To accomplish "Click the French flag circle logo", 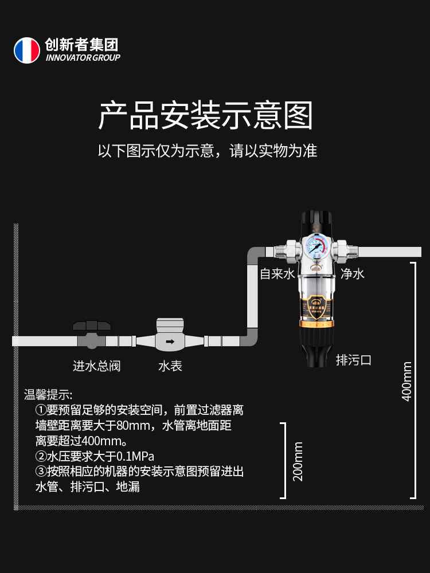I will point(27,50).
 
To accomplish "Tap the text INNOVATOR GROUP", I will point(83,58).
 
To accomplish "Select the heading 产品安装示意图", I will point(206,116).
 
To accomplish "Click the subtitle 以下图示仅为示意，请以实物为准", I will point(207,151).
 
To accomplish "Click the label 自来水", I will point(277,274).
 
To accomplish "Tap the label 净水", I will point(353,274).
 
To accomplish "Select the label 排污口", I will point(354,360).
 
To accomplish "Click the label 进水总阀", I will point(96,366).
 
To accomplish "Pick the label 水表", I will point(170,366).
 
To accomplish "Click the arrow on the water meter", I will point(170,342).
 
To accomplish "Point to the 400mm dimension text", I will point(407,381).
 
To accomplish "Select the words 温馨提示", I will point(48,395).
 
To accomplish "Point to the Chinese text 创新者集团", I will point(81,45).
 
